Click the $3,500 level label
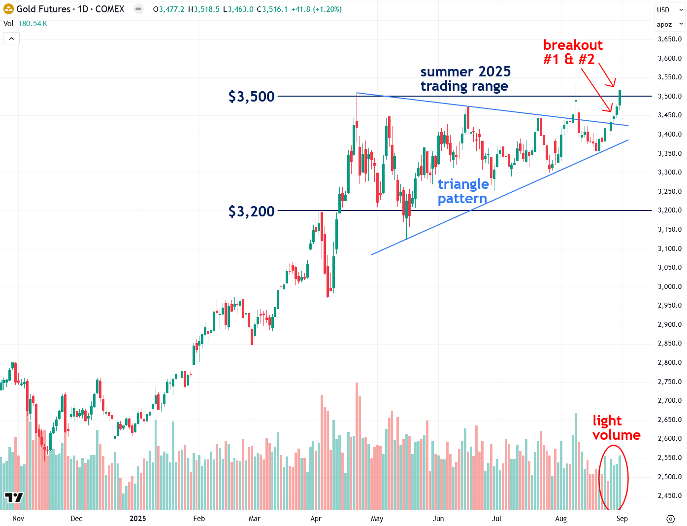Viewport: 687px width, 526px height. [251, 97]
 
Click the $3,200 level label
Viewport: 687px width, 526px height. [251, 211]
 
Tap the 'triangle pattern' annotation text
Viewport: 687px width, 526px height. [463, 191]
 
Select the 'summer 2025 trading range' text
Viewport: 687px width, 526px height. [465, 79]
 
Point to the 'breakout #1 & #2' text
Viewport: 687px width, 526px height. [572, 52]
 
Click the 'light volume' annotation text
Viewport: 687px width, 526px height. [616, 428]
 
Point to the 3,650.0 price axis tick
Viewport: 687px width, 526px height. [669, 39]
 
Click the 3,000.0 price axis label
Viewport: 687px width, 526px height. [669, 286]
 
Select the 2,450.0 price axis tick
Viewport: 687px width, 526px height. [669, 495]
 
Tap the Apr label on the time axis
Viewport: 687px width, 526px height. [316, 519]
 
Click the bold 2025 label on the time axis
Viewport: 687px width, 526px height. [138, 519]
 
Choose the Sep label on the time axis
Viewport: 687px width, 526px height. [622, 519]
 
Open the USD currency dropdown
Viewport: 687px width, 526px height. [669, 10]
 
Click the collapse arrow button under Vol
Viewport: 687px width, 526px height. [12, 38]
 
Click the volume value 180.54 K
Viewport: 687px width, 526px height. [33, 24]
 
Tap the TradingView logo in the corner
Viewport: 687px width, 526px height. [14, 497]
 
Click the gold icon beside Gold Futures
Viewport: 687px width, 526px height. [8, 9]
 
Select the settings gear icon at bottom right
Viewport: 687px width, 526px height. [670, 519]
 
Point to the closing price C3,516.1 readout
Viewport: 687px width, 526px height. [272, 9]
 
